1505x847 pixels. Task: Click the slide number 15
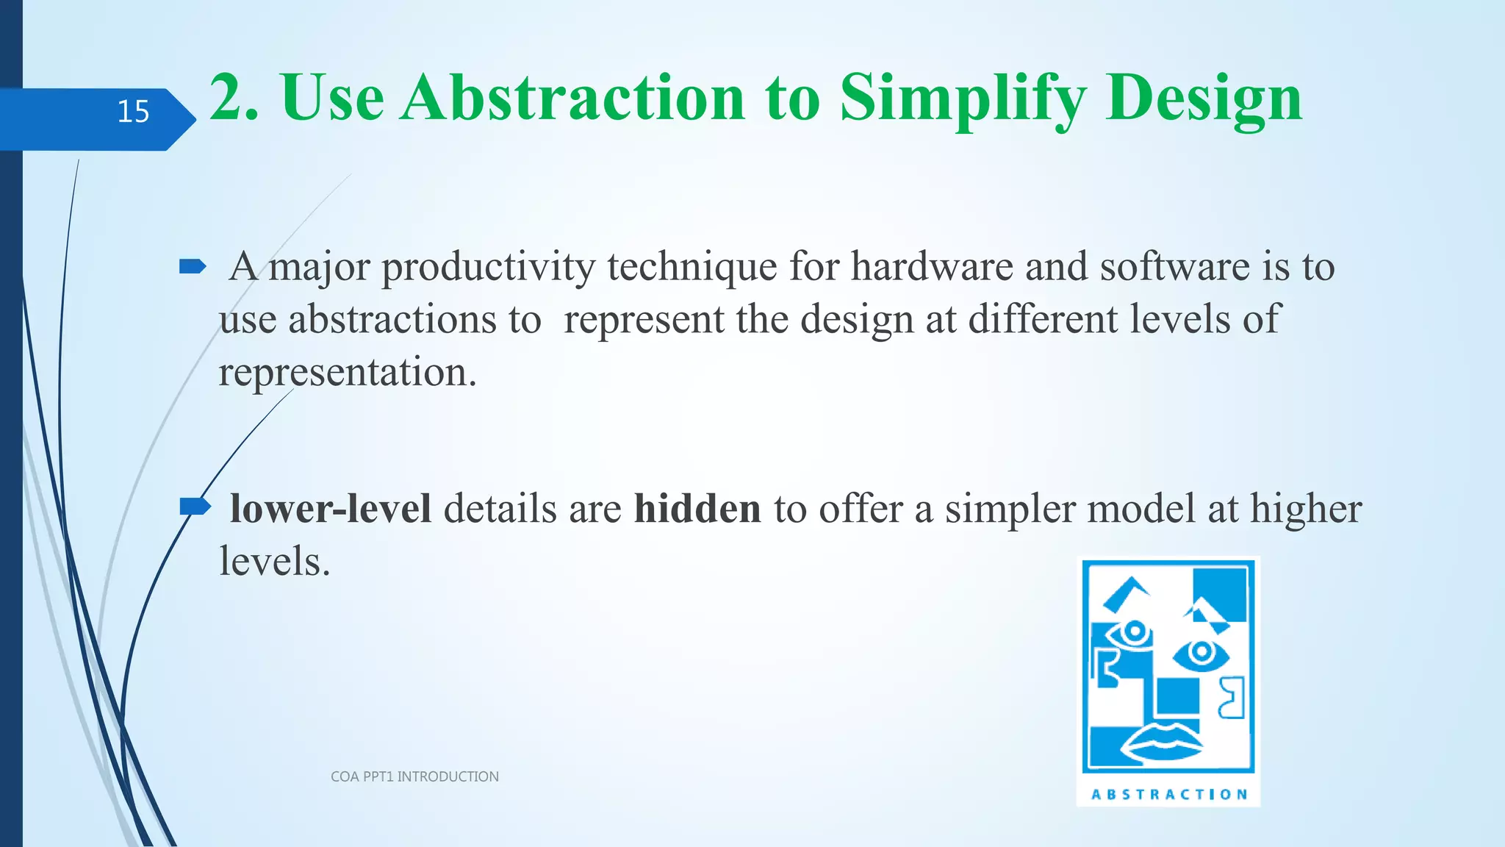pos(133,112)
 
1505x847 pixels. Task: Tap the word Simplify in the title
pos(963,99)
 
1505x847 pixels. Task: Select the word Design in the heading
pos(1204,99)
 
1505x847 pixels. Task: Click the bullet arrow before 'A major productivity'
pos(193,267)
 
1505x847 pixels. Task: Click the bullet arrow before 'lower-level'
pos(194,507)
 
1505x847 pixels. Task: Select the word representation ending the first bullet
pos(347,373)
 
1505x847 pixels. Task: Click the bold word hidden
pos(697,509)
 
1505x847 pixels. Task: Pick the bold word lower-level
pos(330,509)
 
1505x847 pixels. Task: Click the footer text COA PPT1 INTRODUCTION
pos(414,776)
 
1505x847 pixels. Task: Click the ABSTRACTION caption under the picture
pos(1169,794)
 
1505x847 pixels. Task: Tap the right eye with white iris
pos(1201,653)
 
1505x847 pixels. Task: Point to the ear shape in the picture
pos(1232,698)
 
